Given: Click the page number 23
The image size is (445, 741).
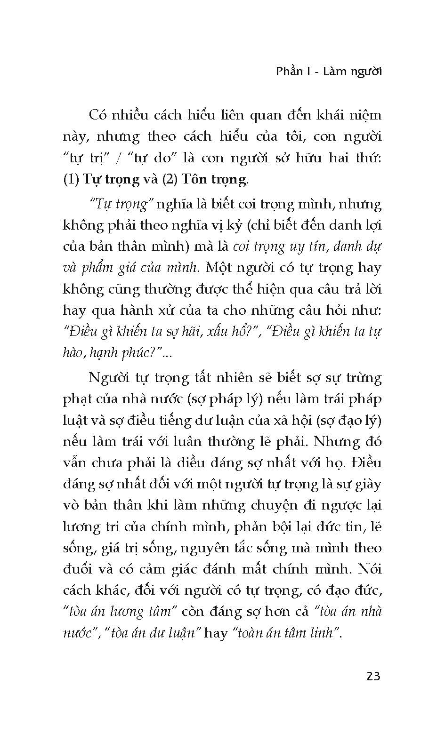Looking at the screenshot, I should click(x=372, y=676).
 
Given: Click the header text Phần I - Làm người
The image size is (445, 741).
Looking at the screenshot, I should click(x=329, y=72).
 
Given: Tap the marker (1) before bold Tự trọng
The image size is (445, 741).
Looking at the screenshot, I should click(x=71, y=179).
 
